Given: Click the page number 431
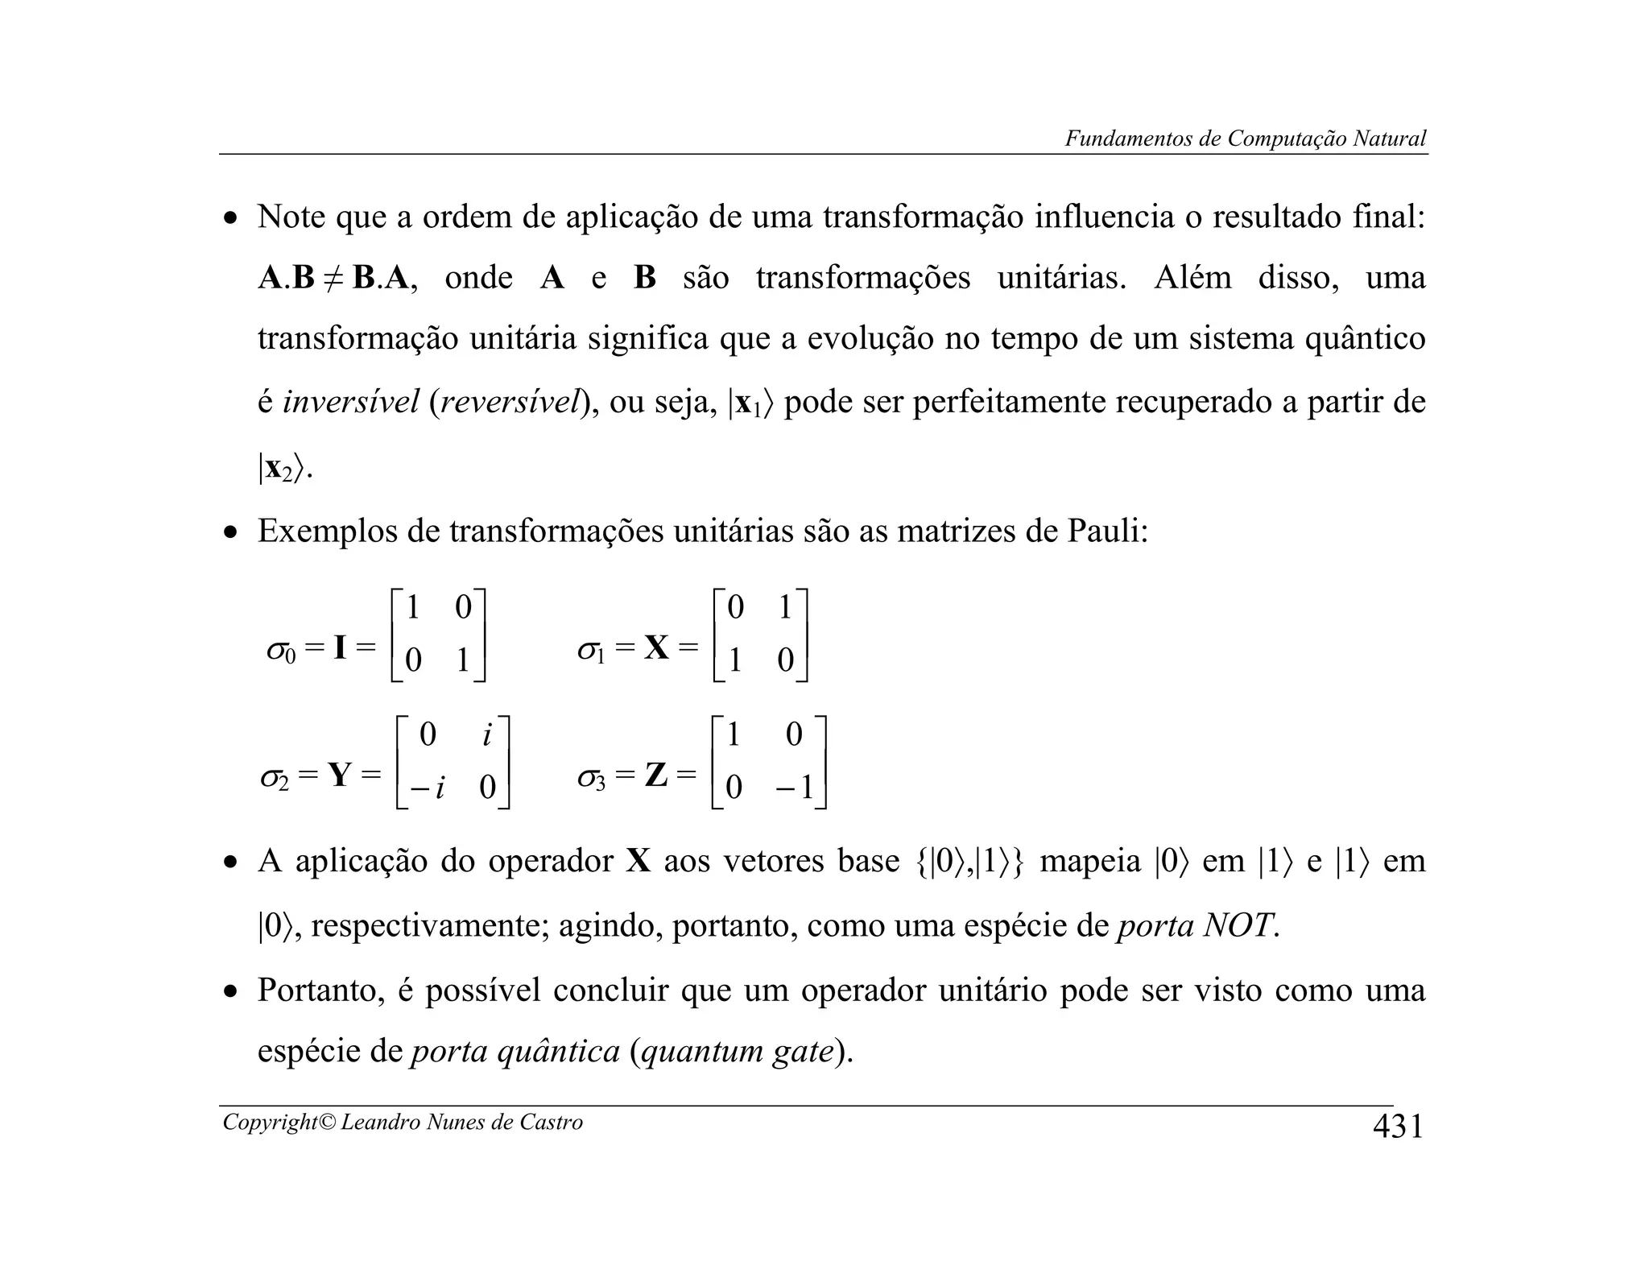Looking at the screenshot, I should [x=1398, y=1126].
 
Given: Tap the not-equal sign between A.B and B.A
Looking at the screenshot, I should [x=333, y=279].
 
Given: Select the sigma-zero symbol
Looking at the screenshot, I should [x=281, y=649].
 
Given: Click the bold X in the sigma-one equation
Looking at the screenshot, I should [x=656, y=647].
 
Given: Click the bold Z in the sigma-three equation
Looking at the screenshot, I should [x=656, y=776].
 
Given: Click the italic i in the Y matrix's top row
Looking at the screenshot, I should [x=486, y=734].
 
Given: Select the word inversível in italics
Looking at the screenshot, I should [x=350, y=402].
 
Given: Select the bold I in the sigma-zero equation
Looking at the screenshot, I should [x=340, y=647].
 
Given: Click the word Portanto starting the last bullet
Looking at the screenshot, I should [x=320, y=991].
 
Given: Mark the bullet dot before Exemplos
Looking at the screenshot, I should [x=231, y=533].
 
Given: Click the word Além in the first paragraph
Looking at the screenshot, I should [x=1192, y=278].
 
